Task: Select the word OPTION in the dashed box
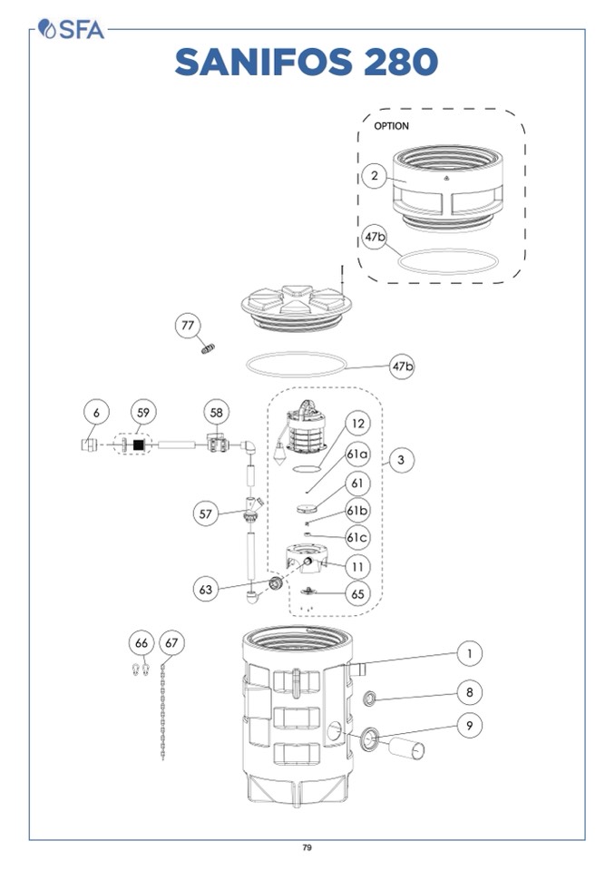pyautogui.click(x=392, y=126)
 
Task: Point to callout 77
pyautogui.click(x=188, y=326)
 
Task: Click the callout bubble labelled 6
pyautogui.click(x=96, y=412)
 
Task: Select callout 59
pyautogui.click(x=142, y=412)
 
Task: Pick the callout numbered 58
pyautogui.click(x=216, y=412)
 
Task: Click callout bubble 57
pyautogui.click(x=207, y=513)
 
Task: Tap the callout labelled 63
pyautogui.click(x=207, y=590)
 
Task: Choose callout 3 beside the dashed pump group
pyautogui.click(x=400, y=460)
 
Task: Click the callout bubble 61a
pyautogui.click(x=357, y=453)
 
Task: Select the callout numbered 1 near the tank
pyautogui.click(x=469, y=653)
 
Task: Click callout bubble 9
pyautogui.click(x=469, y=726)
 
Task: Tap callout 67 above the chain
pyautogui.click(x=172, y=643)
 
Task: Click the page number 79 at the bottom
pyautogui.click(x=307, y=847)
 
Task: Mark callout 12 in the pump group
pyautogui.click(x=357, y=423)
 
